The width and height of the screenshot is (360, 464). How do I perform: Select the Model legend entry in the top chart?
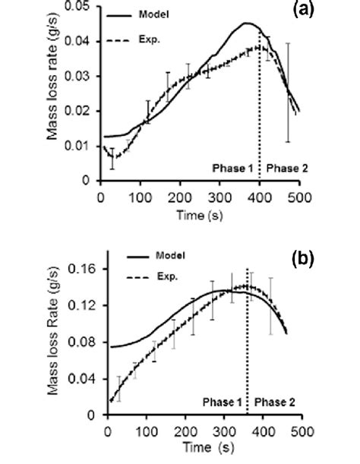(x=175, y=14)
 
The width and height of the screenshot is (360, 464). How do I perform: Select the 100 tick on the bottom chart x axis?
(x=146, y=430)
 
